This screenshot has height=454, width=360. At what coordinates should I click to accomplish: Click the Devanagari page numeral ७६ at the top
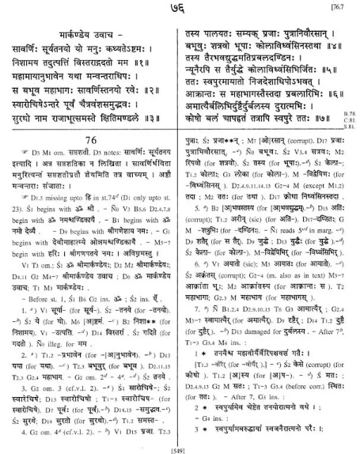point(179,9)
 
